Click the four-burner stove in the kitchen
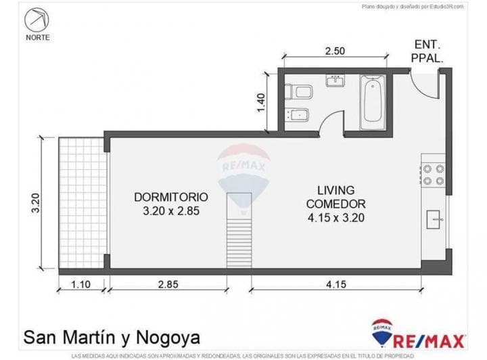[433, 174]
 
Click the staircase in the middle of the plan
[238, 230]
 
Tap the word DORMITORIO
[170, 197]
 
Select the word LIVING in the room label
[335, 190]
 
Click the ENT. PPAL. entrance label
[427, 52]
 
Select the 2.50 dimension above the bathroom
[335, 50]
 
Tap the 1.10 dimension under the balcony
[81, 285]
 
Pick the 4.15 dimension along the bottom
[335, 285]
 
